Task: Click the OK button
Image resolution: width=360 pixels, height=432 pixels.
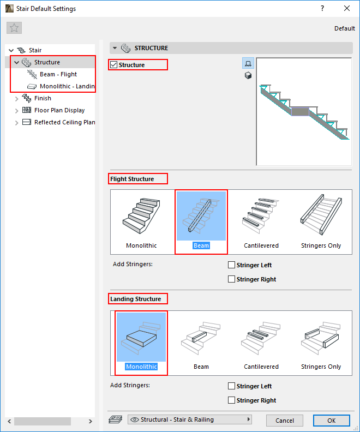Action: tap(331, 421)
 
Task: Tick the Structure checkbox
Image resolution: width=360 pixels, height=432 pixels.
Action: tap(114, 65)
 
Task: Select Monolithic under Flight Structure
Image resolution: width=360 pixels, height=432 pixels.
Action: tap(141, 221)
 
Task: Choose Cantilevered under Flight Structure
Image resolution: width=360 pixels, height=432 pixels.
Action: tap(261, 221)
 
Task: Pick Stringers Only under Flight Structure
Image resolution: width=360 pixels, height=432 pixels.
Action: tap(321, 221)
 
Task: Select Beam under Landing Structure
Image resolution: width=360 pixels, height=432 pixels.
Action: tap(201, 343)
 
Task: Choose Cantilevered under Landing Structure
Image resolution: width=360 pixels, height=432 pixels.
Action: tap(261, 343)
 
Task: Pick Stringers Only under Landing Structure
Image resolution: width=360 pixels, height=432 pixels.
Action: tap(321, 343)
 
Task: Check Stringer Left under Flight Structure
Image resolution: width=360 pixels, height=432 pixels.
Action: tap(232, 265)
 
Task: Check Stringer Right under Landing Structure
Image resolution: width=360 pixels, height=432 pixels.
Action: tap(232, 400)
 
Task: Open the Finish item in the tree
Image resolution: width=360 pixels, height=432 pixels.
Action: tap(43, 98)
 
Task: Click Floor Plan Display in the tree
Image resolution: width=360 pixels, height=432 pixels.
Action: tap(59, 110)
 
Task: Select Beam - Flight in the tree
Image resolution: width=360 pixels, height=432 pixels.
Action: tap(58, 74)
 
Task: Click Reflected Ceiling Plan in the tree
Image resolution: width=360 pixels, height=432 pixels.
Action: tap(64, 122)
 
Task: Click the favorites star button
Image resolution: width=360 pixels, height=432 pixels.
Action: tap(14, 28)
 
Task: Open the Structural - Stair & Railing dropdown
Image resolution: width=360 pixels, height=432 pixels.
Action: tap(190, 419)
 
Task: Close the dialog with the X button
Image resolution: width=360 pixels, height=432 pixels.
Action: tap(347, 9)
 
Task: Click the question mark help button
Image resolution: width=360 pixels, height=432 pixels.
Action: tap(322, 9)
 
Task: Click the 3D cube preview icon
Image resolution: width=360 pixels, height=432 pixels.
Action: tap(248, 75)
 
